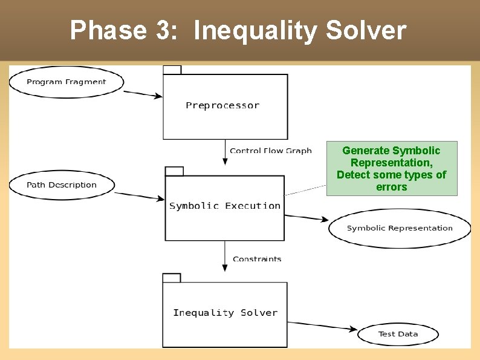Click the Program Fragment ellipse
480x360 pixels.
click(66, 82)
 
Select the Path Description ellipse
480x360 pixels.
click(62, 185)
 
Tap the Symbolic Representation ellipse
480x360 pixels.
click(399, 228)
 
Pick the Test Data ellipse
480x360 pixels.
click(398, 334)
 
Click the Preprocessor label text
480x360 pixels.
click(222, 105)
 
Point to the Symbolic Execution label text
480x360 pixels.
click(225, 206)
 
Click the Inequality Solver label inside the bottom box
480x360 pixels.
click(225, 313)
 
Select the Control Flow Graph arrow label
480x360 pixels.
click(270, 151)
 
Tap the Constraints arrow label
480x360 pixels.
click(257, 259)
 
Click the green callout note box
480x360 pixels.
click(392, 168)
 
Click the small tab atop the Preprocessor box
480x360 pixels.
click(172, 70)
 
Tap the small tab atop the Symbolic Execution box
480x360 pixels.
click(175, 171)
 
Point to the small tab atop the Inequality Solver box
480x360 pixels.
click(172, 278)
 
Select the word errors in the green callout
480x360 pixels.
click(392, 187)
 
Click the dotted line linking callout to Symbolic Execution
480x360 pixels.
click(305, 190)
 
